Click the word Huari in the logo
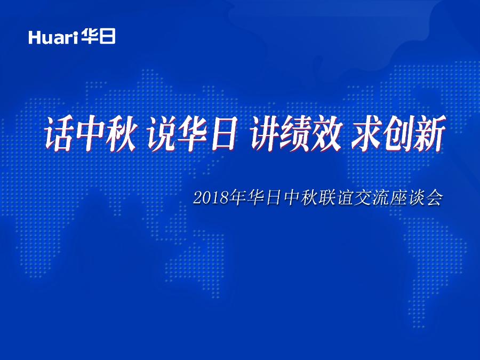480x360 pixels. click(x=54, y=37)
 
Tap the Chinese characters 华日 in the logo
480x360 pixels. click(x=99, y=37)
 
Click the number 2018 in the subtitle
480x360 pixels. click(x=211, y=198)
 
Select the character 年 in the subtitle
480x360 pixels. click(x=238, y=198)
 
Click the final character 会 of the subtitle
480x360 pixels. click(x=434, y=198)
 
